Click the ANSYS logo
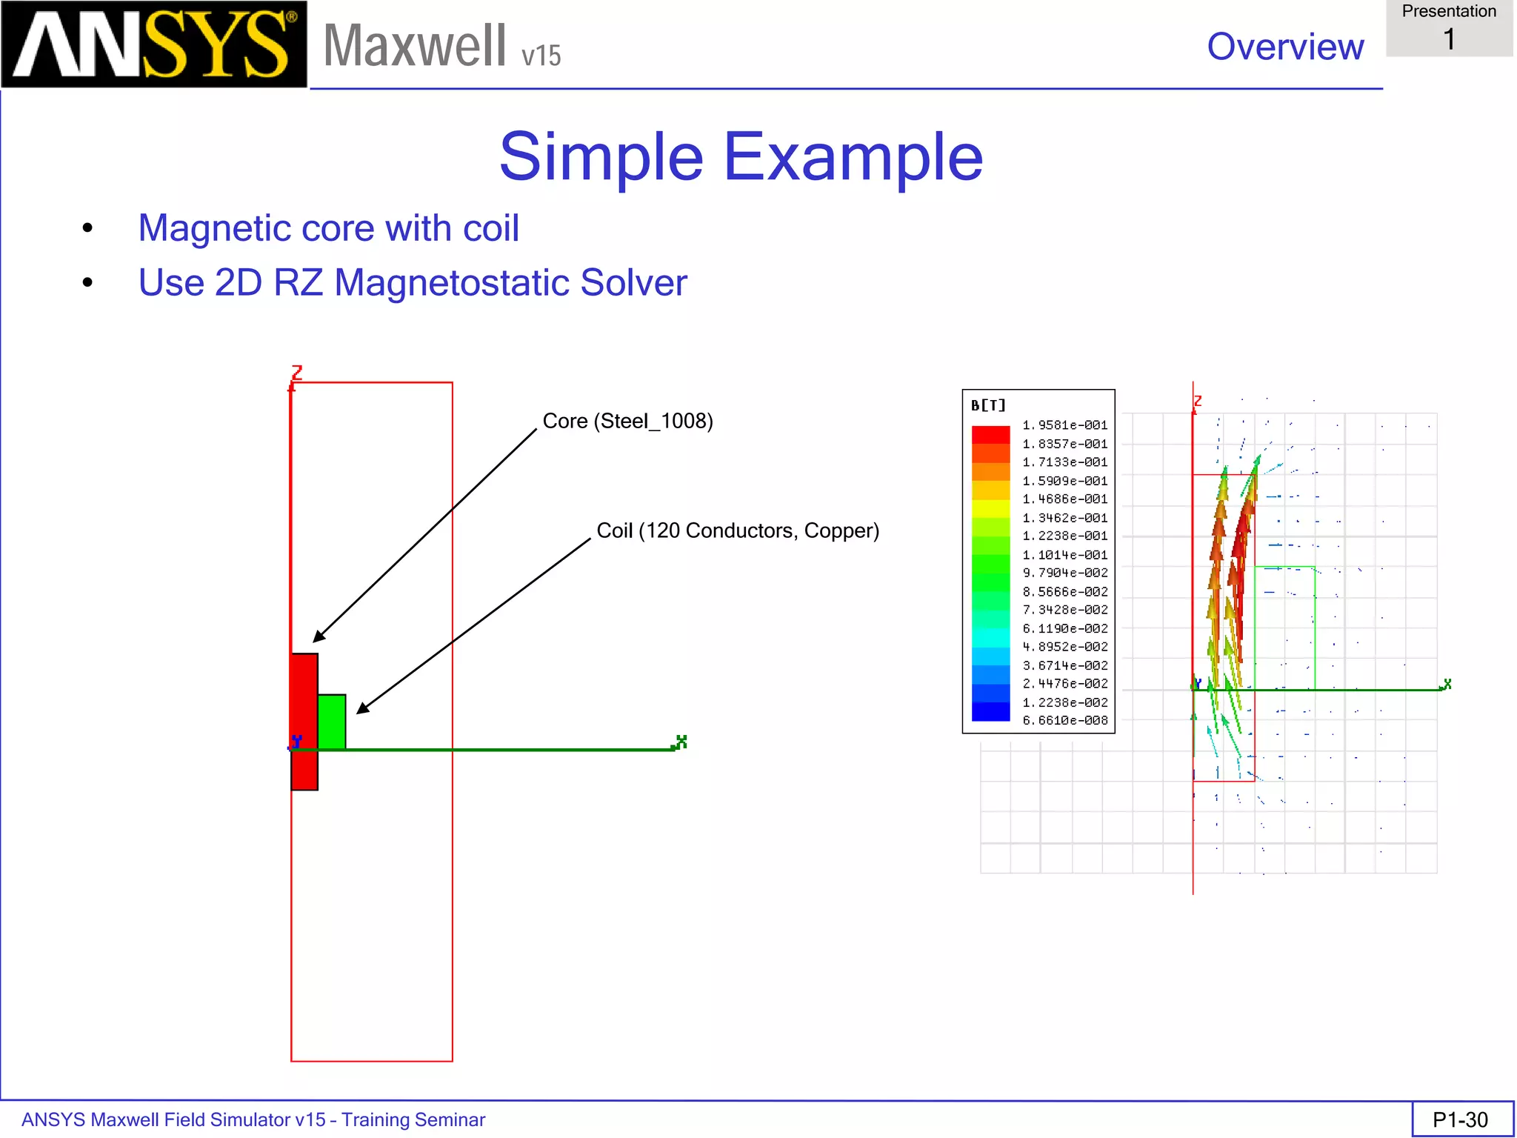pyautogui.click(x=153, y=44)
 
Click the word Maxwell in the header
pyautogui.click(x=415, y=46)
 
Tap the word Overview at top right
pyautogui.click(x=1284, y=47)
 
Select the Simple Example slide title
pyautogui.click(x=741, y=157)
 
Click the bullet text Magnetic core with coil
pyautogui.click(x=328, y=228)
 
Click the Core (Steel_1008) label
pyautogui.click(x=627, y=421)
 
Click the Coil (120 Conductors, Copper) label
pyautogui.click(x=737, y=530)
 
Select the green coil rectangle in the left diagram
pyautogui.click(x=331, y=722)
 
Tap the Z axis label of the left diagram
pyautogui.click(x=297, y=372)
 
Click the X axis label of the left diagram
pyautogui.click(x=681, y=741)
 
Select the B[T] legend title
pyautogui.click(x=988, y=405)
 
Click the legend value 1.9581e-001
pyautogui.click(x=1064, y=425)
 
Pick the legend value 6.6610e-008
pyautogui.click(x=1064, y=720)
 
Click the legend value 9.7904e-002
pyautogui.click(x=1064, y=573)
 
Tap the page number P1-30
pyautogui.click(x=1460, y=1119)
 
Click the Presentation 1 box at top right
pyautogui.click(x=1449, y=28)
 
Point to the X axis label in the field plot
pyautogui.click(x=1447, y=684)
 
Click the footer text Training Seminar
pyautogui.click(x=413, y=1119)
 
